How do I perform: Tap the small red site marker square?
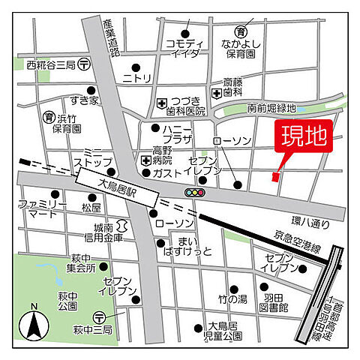pyautogui.click(x=274, y=177)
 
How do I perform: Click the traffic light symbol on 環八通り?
pyautogui.click(x=195, y=193)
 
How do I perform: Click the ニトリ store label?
pyautogui.click(x=137, y=77)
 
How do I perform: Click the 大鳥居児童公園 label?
pyautogui.click(x=223, y=332)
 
